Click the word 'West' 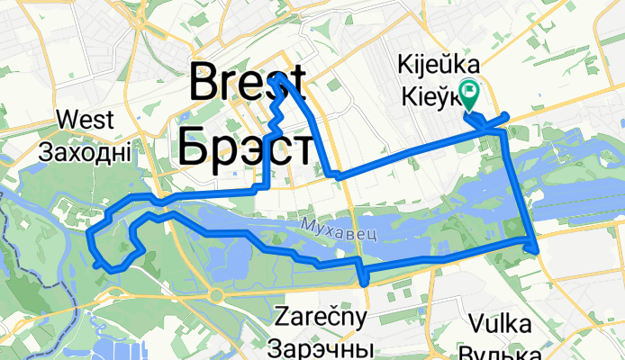(85, 120)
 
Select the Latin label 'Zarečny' (322, 317)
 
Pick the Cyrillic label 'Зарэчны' (322, 346)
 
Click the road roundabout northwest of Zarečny (217, 294)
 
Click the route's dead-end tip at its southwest (95, 264)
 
